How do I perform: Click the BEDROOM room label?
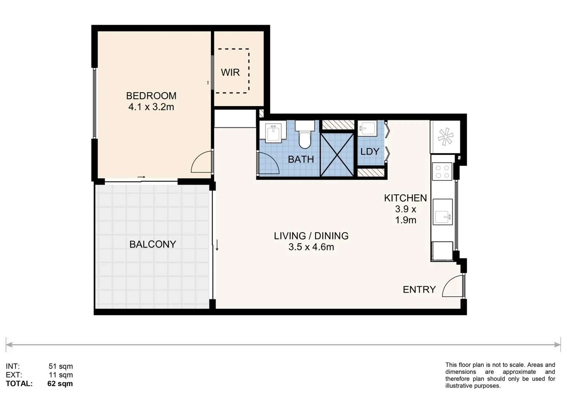click(x=151, y=96)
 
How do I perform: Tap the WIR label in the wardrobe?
click(x=230, y=72)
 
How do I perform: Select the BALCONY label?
click(x=153, y=244)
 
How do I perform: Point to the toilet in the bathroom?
click(x=304, y=136)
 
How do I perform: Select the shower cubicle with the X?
click(x=337, y=154)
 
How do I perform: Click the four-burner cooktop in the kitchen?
click(x=442, y=172)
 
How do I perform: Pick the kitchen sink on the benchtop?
click(x=443, y=216)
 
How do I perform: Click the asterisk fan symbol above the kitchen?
click(x=445, y=137)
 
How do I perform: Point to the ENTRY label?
click(x=419, y=290)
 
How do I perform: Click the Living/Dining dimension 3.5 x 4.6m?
click(x=311, y=247)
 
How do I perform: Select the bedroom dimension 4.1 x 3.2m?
click(x=151, y=107)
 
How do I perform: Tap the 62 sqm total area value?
click(x=60, y=384)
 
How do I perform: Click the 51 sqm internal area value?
click(x=61, y=366)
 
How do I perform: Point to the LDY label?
click(x=370, y=151)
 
